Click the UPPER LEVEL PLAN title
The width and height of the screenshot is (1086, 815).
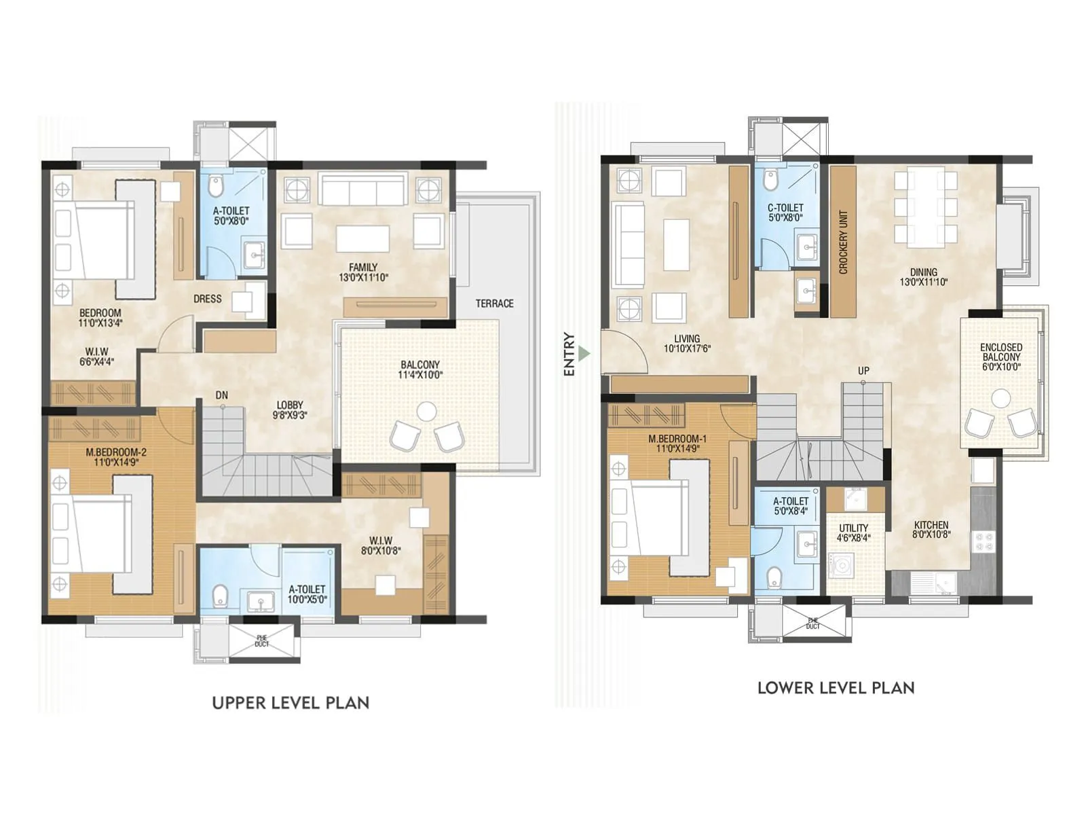291,703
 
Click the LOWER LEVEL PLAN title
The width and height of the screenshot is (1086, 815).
836,688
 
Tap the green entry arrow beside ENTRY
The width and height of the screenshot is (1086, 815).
585,354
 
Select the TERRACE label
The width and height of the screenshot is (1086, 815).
494,304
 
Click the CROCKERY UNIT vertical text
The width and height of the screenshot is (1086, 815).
844,242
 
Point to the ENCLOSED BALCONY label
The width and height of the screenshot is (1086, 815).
1000,357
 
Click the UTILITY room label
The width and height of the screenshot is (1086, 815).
853,532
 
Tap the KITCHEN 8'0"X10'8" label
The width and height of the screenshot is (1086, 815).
931,529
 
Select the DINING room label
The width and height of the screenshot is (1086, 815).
923,276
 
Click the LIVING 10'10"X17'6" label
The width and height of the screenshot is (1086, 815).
687,344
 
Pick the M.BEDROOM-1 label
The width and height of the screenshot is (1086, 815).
677,443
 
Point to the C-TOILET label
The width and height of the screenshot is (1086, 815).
785,213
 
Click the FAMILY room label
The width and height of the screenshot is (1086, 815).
363,272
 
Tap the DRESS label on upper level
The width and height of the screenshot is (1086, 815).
207,299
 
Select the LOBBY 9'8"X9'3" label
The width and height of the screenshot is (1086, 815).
290,410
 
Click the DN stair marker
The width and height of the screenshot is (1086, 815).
221,395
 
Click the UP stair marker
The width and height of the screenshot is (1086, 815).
863,371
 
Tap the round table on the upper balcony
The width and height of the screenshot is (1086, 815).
426,411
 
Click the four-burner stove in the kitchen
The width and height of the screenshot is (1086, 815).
984,541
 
